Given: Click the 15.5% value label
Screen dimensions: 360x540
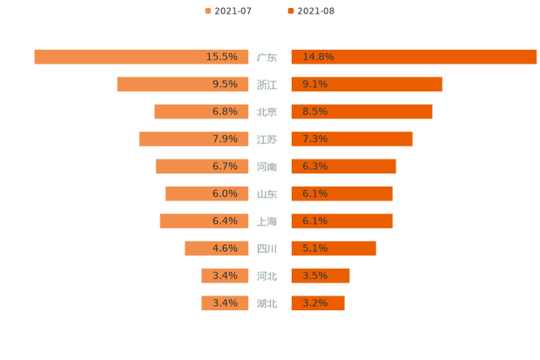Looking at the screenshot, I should (222, 57).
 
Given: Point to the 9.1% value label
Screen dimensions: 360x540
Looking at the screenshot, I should (315, 85).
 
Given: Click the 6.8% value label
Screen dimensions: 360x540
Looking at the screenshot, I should (225, 112).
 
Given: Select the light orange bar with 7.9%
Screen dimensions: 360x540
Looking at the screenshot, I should (174, 139).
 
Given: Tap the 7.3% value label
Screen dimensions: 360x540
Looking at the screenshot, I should (315, 139).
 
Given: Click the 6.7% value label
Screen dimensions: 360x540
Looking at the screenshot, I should (225, 166).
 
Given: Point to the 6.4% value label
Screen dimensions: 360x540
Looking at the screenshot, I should (225, 221).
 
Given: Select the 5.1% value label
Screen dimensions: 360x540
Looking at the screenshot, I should (315, 248).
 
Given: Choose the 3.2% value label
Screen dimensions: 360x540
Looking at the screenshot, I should (315, 303).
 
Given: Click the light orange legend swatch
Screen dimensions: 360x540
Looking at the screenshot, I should (206, 10).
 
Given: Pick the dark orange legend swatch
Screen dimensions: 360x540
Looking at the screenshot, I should (290, 10).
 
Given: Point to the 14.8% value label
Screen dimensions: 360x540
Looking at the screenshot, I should (318, 57).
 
